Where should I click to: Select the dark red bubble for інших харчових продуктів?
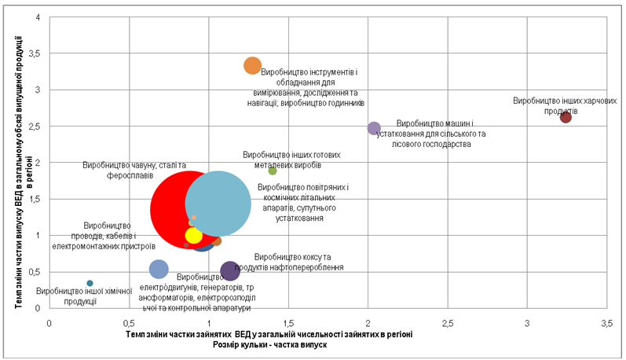click(566, 117)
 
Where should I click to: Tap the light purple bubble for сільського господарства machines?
click(374, 128)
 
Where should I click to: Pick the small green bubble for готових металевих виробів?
click(273, 171)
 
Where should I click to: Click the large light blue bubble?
click(218, 204)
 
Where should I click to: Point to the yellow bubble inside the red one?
click(193, 235)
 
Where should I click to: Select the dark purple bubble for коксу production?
click(229, 271)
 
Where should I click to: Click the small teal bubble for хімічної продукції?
click(90, 283)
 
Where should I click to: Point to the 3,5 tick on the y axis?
click(39, 53)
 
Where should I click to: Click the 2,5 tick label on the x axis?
click(448, 323)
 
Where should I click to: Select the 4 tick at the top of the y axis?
click(38, 17)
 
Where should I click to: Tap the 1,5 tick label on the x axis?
click(288, 323)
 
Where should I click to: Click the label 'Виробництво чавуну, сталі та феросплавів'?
click(134, 170)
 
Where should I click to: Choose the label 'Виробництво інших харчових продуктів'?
click(565, 105)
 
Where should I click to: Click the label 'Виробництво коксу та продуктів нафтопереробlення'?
click(289, 262)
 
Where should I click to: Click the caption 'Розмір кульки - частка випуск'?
click(270, 344)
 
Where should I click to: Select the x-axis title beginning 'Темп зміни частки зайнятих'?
click(269, 334)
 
